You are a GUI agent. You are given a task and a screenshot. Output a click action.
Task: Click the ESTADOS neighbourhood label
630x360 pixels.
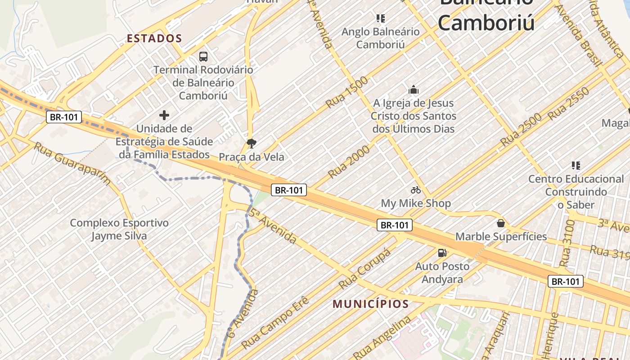[154, 38]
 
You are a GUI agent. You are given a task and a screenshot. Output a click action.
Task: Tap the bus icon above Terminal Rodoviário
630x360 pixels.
[203, 57]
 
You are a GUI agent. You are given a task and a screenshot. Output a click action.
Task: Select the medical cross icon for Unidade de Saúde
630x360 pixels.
[164, 115]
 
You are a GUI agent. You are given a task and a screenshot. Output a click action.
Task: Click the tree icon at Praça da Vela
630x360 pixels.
[252, 144]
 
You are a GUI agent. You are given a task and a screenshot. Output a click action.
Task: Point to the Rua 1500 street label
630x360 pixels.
[347, 92]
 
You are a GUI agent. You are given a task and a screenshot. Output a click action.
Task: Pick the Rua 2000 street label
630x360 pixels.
[349, 162]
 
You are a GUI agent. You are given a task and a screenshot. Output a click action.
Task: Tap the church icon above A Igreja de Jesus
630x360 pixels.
[414, 90]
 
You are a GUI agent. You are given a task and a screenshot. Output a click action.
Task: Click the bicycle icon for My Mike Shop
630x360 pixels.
[415, 190]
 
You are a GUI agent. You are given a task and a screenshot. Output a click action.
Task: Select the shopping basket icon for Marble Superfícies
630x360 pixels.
[500, 223]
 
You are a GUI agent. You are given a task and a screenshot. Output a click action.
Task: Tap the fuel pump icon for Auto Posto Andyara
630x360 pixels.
[442, 253]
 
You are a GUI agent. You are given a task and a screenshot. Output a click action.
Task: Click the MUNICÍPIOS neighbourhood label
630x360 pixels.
[371, 304]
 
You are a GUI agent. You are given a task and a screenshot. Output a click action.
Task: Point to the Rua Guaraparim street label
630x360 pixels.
[72, 164]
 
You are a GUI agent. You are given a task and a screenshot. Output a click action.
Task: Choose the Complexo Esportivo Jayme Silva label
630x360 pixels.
[119, 229]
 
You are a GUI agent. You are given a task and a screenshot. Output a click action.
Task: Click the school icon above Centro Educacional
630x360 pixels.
[576, 166]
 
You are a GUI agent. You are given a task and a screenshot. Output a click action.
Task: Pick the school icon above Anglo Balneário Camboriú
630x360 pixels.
[381, 18]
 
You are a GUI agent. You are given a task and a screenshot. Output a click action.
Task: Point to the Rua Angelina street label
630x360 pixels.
[382, 337]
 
